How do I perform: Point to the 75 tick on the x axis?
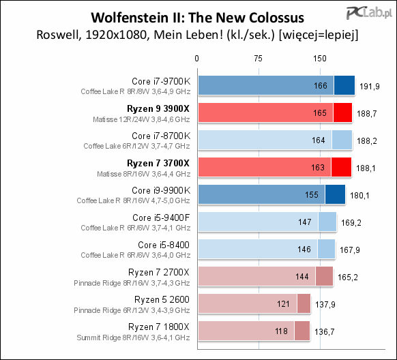258,59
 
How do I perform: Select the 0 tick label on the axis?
197,59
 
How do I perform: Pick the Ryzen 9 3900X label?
158,108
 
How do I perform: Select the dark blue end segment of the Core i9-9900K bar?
335,194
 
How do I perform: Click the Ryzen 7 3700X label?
158,162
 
